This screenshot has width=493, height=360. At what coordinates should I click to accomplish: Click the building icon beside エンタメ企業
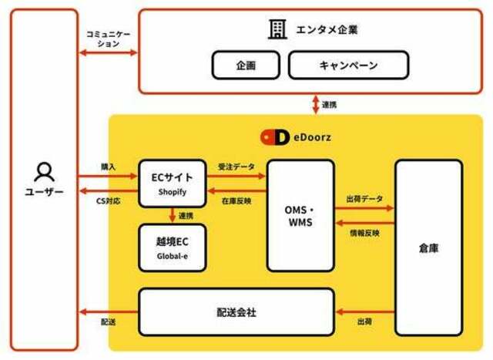pyautogui.click(x=277, y=29)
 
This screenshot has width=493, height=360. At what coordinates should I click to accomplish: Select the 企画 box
pyautogui.click(x=246, y=66)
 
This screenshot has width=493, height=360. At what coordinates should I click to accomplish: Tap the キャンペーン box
pyautogui.click(x=349, y=66)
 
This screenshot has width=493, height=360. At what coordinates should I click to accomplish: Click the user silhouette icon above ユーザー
pyautogui.click(x=45, y=172)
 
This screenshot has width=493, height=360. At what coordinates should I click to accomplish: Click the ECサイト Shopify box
pyautogui.click(x=173, y=183)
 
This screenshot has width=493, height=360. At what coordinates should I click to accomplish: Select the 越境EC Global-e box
pyautogui.click(x=173, y=247)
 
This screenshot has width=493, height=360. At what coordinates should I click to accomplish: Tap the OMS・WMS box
pyautogui.click(x=300, y=216)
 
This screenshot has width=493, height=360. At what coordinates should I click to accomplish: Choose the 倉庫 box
pyautogui.click(x=429, y=248)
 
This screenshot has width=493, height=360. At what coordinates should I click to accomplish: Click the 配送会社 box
pyautogui.click(x=236, y=312)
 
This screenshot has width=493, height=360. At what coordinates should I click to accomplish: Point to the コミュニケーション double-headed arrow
pyautogui.click(x=109, y=52)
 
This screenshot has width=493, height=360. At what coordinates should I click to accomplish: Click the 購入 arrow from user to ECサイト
pyautogui.click(x=108, y=177)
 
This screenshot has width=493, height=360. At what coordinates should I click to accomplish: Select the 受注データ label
pyautogui.click(x=236, y=167)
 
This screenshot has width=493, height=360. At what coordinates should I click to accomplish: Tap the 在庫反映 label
pyautogui.click(x=236, y=201)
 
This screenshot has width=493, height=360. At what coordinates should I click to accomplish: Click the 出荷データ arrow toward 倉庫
pyautogui.click(x=364, y=208)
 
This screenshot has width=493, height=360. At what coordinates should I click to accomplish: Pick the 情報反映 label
pyautogui.click(x=364, y=233)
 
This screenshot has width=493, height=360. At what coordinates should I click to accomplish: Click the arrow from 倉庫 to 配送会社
pyautogui.click(x=365, y=312)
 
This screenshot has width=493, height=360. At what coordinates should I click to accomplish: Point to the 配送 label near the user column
pyautogui.click(x=108, y=322)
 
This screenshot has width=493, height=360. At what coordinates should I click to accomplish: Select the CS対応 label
pyautogui.click(x=108, y=200)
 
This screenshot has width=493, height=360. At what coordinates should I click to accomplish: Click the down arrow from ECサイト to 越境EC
pyautogui.click(x=172, y=215)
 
